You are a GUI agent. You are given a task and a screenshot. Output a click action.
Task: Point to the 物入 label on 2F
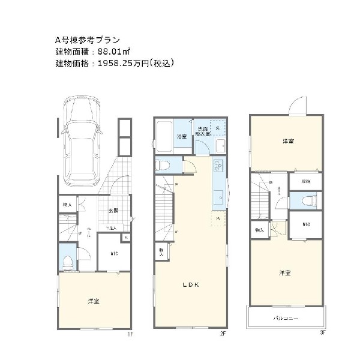(161, 251)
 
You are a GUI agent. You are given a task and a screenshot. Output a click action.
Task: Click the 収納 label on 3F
(306, 181)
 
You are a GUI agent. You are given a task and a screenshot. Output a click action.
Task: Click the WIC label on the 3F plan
(306, 226)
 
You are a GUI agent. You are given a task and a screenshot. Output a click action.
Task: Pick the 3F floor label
(322, 331)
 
